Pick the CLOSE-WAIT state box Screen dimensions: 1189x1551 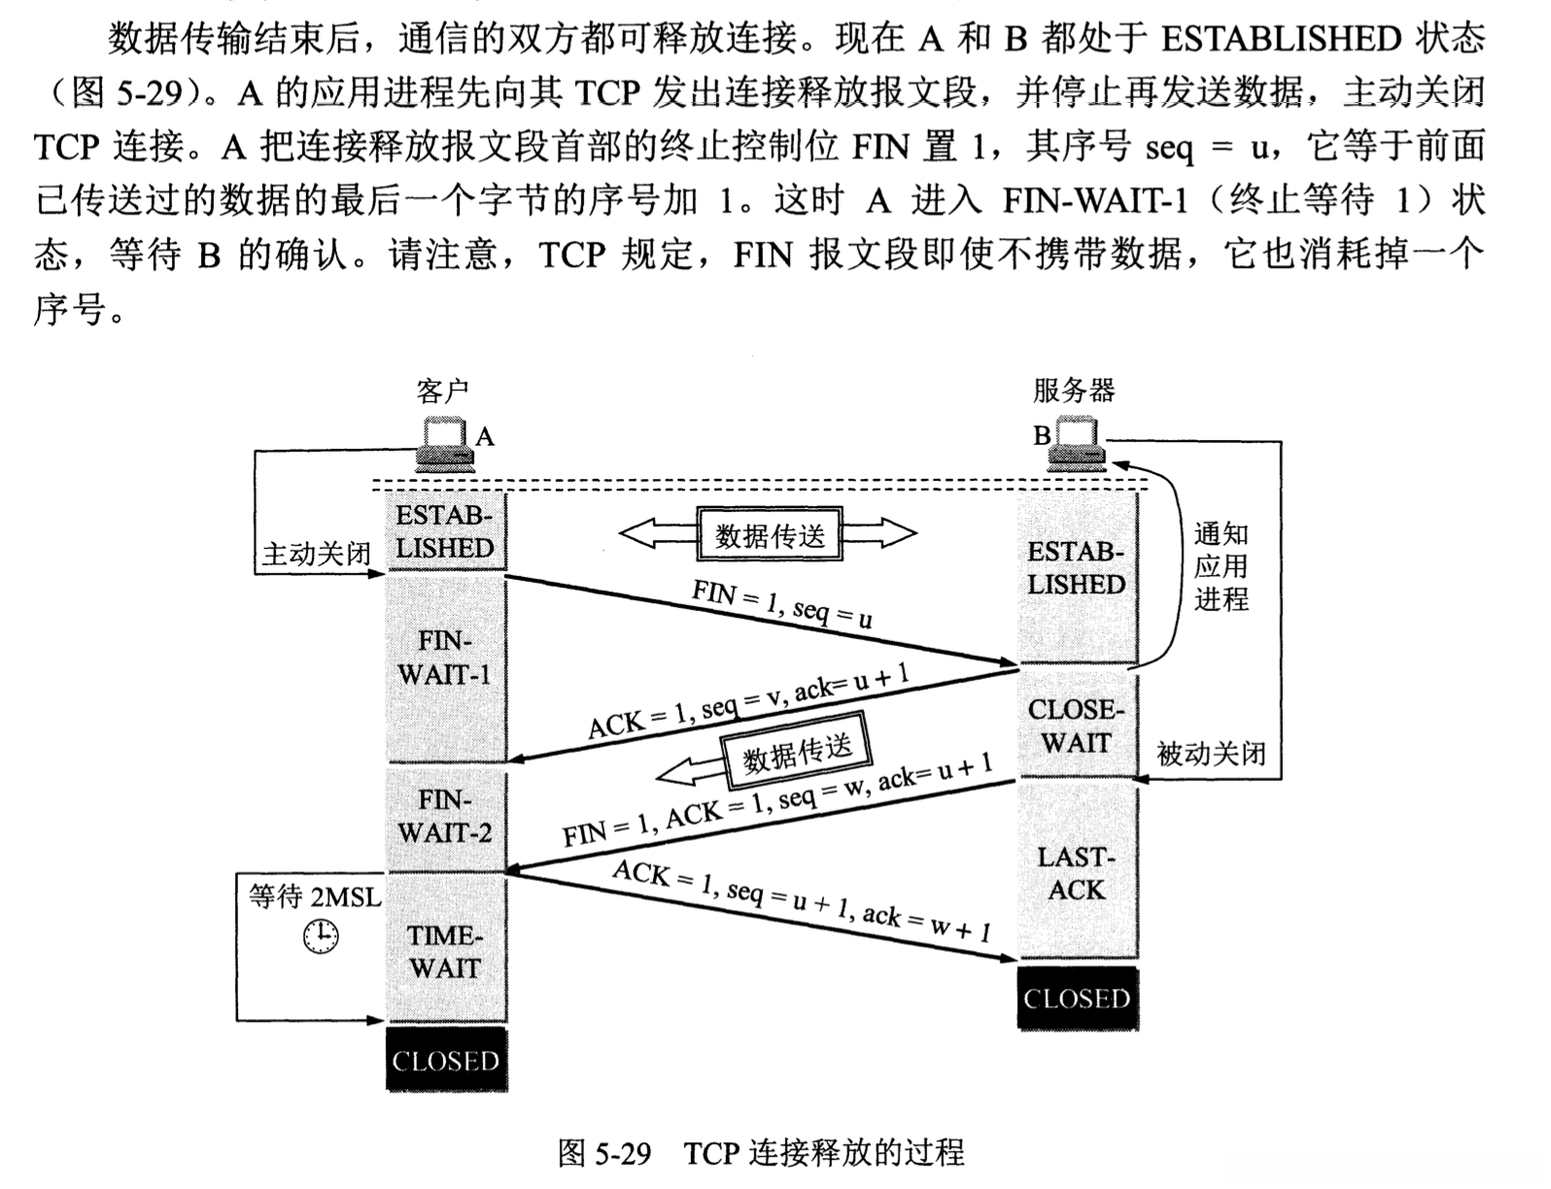[x=1076, y=726]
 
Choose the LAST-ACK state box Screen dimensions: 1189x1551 [x=1076, y=872]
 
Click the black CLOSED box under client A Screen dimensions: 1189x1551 [x=446, y=1061]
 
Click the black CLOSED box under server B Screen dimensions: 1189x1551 [x=1077, y=998]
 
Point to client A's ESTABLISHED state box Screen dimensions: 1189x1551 [x=446, y=532]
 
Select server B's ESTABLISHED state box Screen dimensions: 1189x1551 [x=1076, y=569]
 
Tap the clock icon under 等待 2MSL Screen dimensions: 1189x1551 [x=320, y=936]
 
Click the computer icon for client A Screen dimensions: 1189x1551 [x=443, y=445]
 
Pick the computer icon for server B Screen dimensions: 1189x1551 [x=1077, y=443]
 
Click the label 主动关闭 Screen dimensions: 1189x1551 [x=316, y=555]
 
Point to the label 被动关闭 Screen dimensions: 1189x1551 [x=1211, y=754]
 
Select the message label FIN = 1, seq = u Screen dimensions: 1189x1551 [x=782, y=603]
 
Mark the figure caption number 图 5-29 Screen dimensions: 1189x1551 [x=603, y=1153]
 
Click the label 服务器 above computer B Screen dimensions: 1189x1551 [x=1073, y=391]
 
